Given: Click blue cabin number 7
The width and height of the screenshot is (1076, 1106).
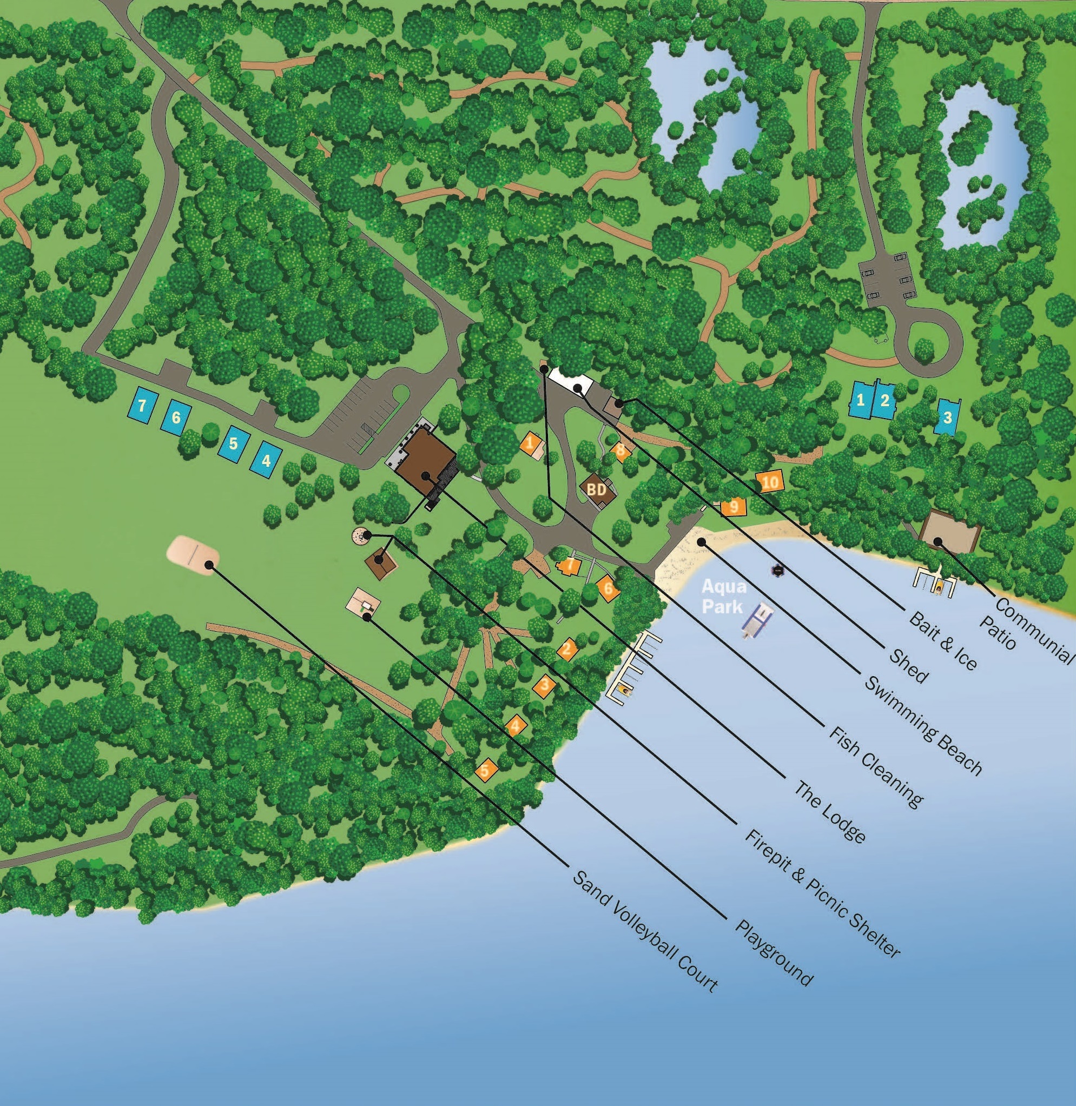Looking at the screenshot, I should click(142, 406).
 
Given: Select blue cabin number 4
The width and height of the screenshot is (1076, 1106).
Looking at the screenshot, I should click(266, 460).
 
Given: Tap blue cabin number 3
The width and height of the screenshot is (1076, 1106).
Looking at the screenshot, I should click(947, 418).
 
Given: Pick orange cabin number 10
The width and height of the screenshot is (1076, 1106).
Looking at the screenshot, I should click(770, 482).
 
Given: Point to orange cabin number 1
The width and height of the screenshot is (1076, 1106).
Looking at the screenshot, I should click(530, 443).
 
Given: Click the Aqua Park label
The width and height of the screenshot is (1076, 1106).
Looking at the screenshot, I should click(723, 597).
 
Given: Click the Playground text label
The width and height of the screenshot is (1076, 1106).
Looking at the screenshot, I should click(774, 953).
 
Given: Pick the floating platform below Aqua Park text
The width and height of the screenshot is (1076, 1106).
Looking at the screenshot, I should click(758, 620).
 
